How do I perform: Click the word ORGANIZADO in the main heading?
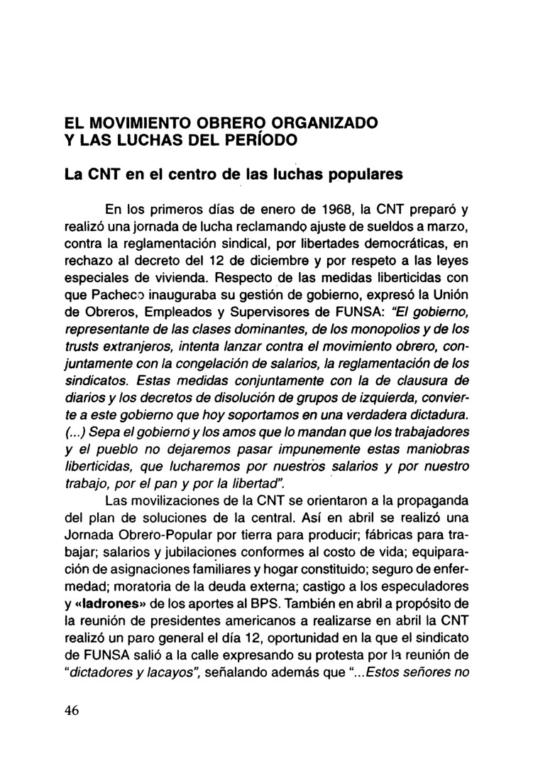319,122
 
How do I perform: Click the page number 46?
70,714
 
